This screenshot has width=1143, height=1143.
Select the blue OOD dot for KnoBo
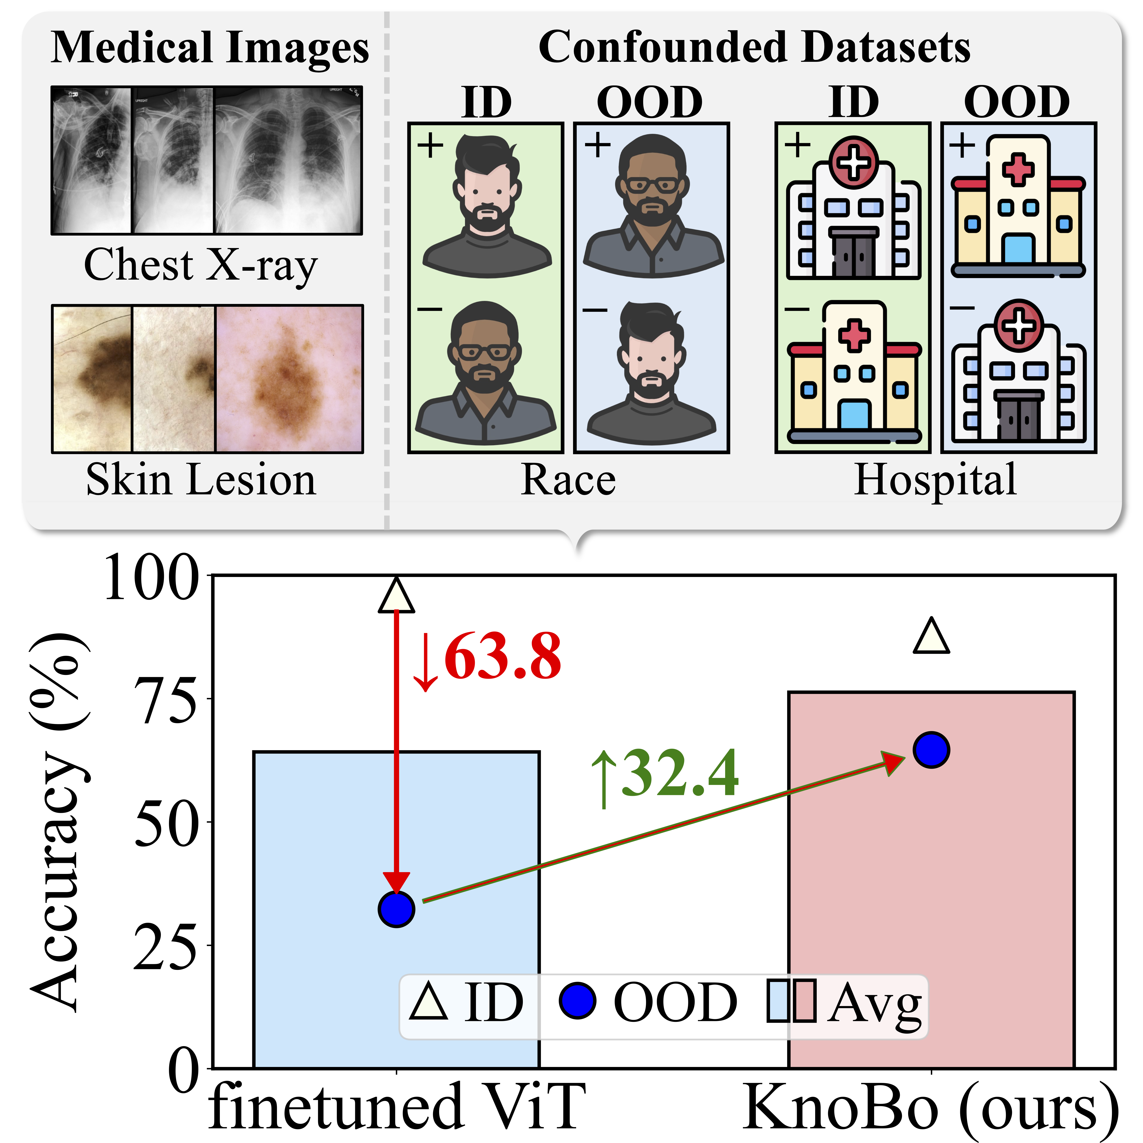(931, 750)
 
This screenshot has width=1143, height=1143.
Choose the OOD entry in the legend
(648, 1002)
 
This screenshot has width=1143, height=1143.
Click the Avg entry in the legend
(846, 1002)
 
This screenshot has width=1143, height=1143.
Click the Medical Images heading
(210, 47)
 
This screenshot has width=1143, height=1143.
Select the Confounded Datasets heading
(754, 47)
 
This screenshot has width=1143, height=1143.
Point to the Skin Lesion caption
(201, 479)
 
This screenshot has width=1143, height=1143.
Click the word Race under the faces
(568, 479)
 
